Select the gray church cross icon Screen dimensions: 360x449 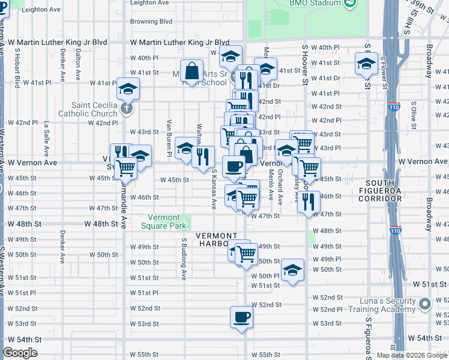tap(126, 109)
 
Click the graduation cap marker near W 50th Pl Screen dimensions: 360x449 tap(292, 270)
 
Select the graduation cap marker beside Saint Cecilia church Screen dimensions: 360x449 tap(128, 90)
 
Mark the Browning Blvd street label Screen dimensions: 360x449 tap(151, 21)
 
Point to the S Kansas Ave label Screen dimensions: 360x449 tap(214, 189)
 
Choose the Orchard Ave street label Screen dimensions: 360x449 tap(280, 188)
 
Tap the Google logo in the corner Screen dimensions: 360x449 tap(20, 353)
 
